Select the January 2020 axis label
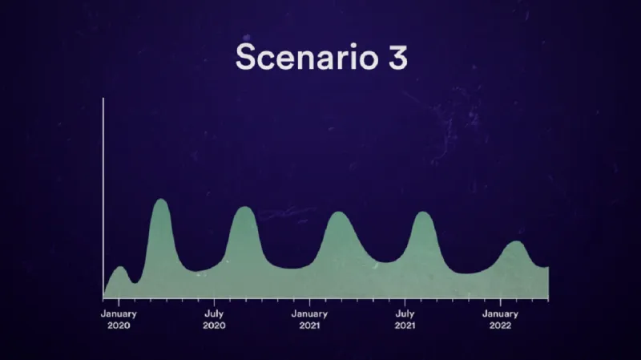pyautogui.click(x=119, y=320)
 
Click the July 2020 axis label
pyautogui.click(x=214, y=320)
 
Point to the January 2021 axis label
pyautogui.click(x=310, y=320)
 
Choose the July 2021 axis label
pyautogui.click(x=405, y=320)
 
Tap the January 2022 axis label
pyautogui.click(x=501, y=320)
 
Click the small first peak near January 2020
pyautogui.click(x=119, y=268)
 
